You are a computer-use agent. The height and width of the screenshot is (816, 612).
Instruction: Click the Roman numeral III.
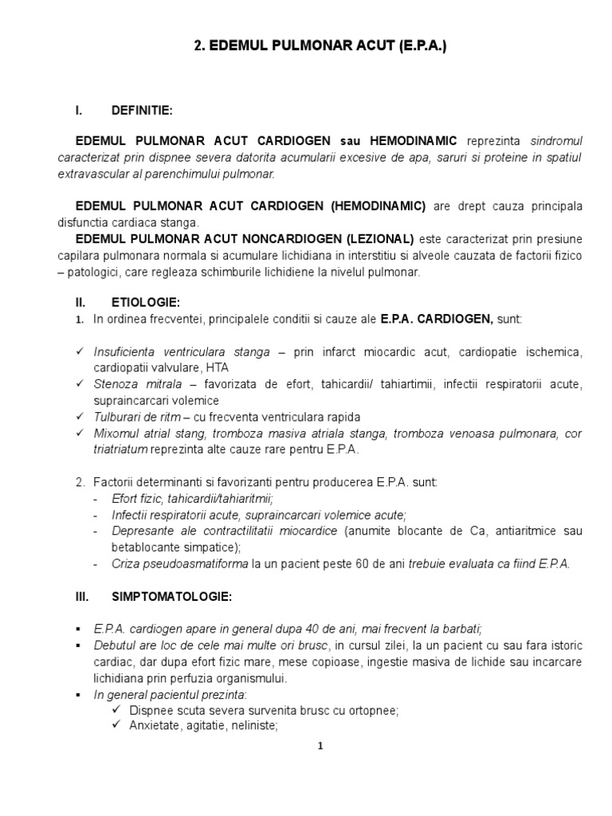pos(80,595)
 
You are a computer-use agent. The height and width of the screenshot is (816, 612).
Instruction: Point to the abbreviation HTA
pos(216,367)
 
